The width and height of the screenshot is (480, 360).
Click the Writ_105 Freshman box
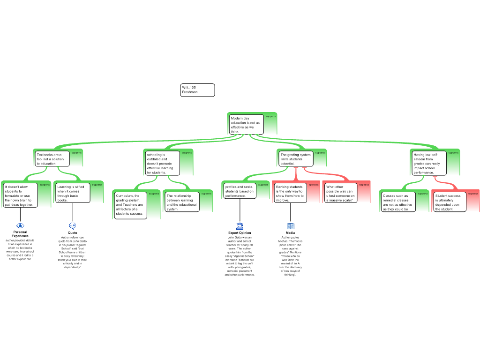(x=197, y=90)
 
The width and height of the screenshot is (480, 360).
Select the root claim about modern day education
(x=246, y=125)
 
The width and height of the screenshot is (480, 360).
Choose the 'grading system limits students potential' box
(x=296, y=158)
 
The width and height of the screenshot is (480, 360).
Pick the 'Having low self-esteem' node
(x=429, y=163)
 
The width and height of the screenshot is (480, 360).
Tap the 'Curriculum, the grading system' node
(x=130, y=205)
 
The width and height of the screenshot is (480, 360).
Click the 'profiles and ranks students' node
(x=240, y=191)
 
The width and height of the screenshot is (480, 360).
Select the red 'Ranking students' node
(x=290, y=193)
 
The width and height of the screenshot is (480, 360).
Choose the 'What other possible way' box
(x=340, y=193)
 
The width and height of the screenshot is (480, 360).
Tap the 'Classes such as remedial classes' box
(x=398, y=202)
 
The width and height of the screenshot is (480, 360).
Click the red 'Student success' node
(x=449, y=202)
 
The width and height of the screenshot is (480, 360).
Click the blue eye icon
(x=20, y=225)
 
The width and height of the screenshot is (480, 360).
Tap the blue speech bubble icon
(x=73, y=225)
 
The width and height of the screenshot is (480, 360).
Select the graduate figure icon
(x=240, y=226)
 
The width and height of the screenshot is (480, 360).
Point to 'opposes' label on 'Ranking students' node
(x=314, y=185)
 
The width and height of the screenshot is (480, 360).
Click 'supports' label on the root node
(x=271, y=116)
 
